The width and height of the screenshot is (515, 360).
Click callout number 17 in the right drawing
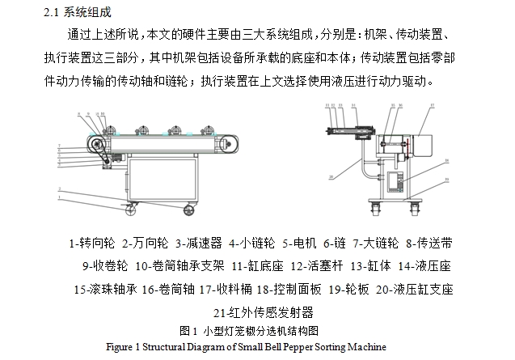(x=432, y=105)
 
